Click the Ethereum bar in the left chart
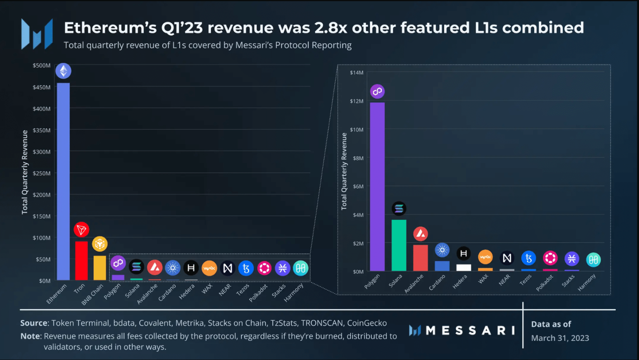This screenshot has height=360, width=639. [63, 181]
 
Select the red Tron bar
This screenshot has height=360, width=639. [81, 261]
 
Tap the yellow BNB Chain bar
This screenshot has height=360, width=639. [99, 268]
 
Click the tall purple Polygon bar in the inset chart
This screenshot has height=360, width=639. [377, 187]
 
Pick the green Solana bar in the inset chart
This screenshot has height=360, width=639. [399, 245]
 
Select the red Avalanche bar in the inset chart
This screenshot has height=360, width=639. [420, 258]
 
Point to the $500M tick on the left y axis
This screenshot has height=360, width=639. [42, 66]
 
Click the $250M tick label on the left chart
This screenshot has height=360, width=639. [42, 173]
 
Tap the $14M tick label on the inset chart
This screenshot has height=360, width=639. [357, 73]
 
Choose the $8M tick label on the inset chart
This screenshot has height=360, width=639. [358, 158]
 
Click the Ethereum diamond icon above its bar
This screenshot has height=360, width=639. [63, 71]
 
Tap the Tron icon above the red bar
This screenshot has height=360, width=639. [81, 229]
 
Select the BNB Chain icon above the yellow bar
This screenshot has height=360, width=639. [99, 244]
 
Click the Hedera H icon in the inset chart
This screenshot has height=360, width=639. [463, 254]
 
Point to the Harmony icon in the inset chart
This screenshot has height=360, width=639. [593, 260]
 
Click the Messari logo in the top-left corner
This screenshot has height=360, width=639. [37, 34]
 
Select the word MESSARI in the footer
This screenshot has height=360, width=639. [470, 330]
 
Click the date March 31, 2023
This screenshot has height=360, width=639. [560, 338]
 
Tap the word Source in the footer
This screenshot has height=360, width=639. [34, 323]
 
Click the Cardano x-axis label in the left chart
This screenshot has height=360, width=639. [167, 293]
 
